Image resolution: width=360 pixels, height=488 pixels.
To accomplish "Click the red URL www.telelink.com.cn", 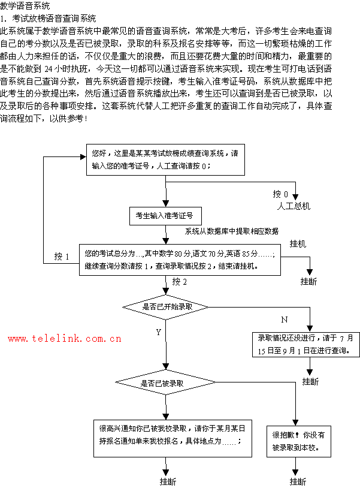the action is [65, 339].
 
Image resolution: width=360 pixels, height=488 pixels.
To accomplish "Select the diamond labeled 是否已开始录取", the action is [166, 307].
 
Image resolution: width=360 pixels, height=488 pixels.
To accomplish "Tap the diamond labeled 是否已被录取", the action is [166, 382].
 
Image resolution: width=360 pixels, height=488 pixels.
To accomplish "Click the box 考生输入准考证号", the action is [165, 216].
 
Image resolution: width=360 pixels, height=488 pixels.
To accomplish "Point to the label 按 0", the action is [280, 194].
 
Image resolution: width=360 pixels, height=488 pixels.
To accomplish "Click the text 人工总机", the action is [294, 206].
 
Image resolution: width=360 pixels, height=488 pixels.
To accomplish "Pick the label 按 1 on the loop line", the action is [62, 257].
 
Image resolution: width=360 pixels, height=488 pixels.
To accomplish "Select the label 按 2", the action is [180, 282].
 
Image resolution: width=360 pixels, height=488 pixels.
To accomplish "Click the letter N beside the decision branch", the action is [285, 320].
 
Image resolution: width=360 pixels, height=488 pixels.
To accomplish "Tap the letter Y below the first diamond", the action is [159, 332].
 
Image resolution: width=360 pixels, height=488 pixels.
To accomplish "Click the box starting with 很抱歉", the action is [299, 441].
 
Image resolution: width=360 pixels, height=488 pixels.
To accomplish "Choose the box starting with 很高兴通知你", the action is [173, 438].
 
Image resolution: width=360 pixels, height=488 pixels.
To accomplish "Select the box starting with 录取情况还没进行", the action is [305, 344].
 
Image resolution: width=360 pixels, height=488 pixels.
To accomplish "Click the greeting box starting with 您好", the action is [165, 159].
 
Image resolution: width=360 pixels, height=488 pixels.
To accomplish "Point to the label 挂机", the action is [298, 244].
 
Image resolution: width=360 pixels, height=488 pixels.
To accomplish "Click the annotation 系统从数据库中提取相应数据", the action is [232, 231].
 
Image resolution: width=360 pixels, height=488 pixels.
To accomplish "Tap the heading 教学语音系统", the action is [25, 5].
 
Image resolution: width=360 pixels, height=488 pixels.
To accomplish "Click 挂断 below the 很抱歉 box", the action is [298, 482].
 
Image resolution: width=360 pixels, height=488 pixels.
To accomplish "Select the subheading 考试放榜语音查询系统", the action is [54, 19].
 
